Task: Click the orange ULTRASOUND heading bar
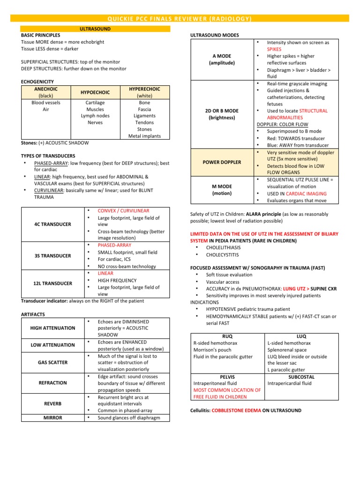coord(95,29)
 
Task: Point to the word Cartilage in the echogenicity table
coord(95,103)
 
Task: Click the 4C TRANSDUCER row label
coord(52,224)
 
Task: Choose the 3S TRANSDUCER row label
coord(52,256)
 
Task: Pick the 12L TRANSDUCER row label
coord(52,284)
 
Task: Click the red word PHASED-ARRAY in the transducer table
coord(114,245)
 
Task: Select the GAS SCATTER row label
coord(52,363)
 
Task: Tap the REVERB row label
coord(52,404)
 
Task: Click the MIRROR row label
coord(52,418)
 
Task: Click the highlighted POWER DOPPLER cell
coord(222,162)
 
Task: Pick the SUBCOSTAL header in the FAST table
coord(301,377)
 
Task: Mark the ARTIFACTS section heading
coord(33,314)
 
